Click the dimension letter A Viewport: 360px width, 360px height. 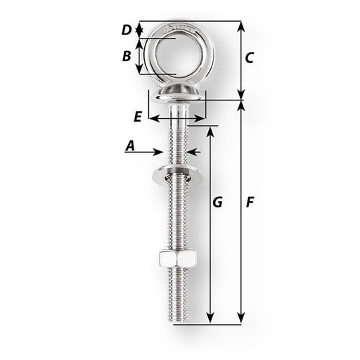click(130, 146)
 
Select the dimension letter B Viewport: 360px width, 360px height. click(127, 56)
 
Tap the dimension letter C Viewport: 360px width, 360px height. click(249, 59)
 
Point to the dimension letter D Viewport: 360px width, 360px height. click(127, 30)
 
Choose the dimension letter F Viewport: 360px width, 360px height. click(250, 202)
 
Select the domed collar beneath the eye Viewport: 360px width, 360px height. click(176, 92)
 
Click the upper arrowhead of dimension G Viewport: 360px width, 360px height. click(210, 131)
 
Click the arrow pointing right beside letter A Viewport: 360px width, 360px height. click(160, 150)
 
